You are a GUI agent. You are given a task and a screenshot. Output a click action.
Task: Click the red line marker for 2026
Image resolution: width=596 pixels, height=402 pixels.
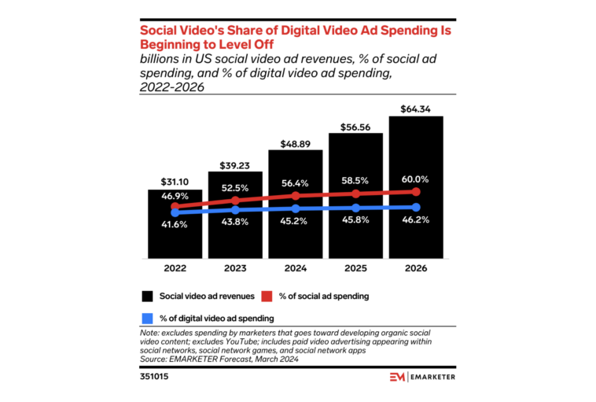coord(416,191)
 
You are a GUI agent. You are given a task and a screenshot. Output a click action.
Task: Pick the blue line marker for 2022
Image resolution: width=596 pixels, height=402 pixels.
coord(175,212)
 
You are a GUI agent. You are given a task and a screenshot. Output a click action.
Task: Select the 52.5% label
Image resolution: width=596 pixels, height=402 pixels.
coord(235,188)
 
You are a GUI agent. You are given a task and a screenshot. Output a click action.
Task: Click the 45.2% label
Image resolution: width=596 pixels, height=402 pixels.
coord(296,221)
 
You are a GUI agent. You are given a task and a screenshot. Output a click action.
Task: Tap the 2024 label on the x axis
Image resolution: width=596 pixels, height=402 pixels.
coord(296,268)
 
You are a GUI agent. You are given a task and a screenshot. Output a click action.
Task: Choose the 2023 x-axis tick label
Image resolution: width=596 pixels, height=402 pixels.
coord(235,268)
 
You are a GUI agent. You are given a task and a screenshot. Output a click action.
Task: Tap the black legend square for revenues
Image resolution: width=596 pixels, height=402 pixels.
coord(147,296)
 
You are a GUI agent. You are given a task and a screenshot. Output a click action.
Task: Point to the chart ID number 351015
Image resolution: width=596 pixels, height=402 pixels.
coord(156,377)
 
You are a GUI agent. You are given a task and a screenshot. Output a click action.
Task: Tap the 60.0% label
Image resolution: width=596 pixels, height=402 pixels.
coord(416,178)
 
